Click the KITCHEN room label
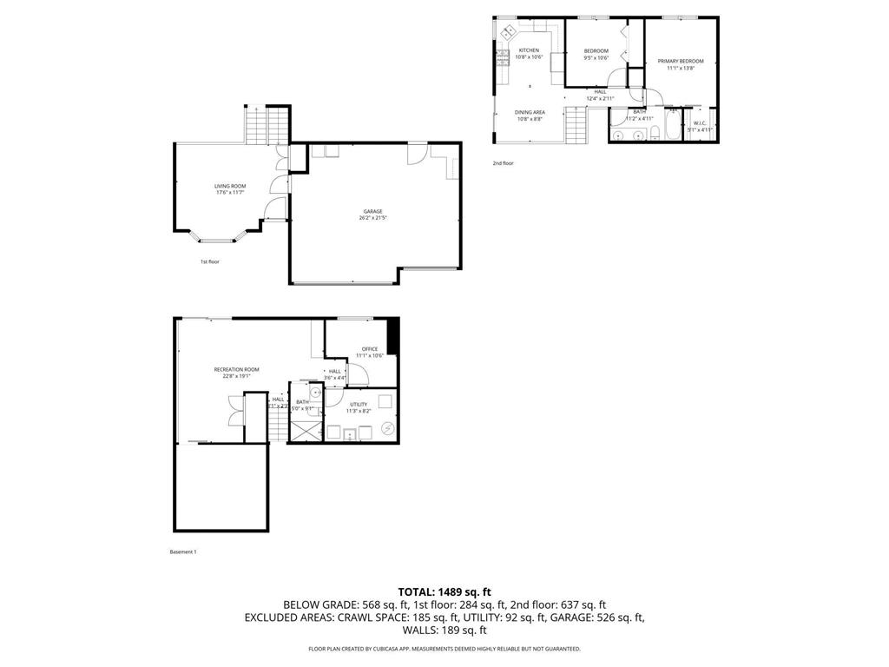[x=529, y=50]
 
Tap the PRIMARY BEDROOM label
[x=680, y=61]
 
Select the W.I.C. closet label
[x=700, y=123]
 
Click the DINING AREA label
[x=530, y=112]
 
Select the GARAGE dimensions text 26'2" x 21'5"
[x=373, y=218]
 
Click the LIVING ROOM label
[x=230, y=186]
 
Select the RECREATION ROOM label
[x=236, y=369]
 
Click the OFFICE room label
[x=370, y=349]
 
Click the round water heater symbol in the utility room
[x=388, y=428]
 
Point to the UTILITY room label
[x=359, y=404]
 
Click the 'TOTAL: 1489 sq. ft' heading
[x=444, y=591]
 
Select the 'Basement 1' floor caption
[x=183, y=551]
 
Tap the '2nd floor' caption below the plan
[x=504, y=163]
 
